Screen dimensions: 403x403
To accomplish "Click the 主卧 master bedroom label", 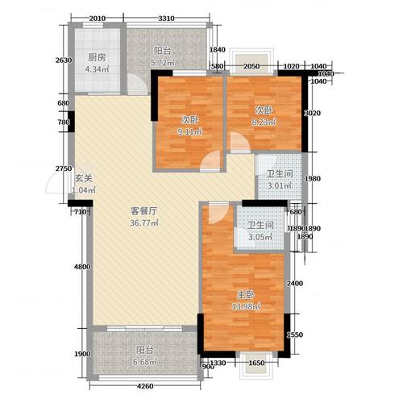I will point(242,293).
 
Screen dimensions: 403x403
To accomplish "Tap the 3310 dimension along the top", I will point(167,19).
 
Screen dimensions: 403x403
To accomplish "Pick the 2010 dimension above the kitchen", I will point(98,19).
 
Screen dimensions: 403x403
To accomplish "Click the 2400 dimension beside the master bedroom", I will point(295,284).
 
